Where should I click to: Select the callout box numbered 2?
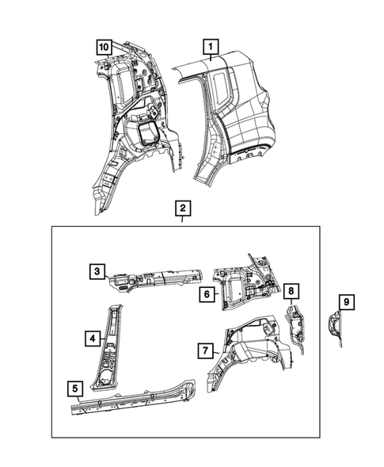pos(183,209)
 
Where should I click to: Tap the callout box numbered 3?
pos(96,272)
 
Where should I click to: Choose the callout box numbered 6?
pos(205,293)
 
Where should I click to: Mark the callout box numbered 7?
pos(205,350)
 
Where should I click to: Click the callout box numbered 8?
pos(291,291)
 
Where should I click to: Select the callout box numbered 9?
pos(345,302)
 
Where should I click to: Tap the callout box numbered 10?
pos(104,47)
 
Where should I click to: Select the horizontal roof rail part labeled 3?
pos(154,275)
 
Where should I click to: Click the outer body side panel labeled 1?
pos(238,119)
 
